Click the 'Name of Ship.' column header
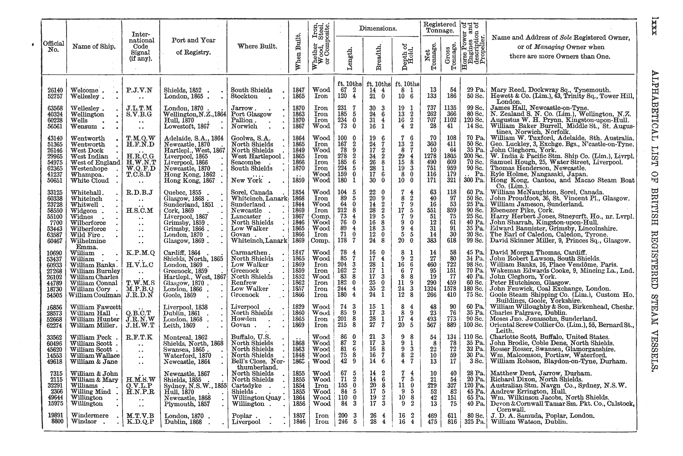click(94, 47)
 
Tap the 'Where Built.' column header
click(257, 46)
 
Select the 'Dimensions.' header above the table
click(378, 28)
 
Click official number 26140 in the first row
click(55, 90)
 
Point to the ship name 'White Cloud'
click(89, 181)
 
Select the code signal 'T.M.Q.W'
click(141, 138)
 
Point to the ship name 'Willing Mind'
click(91, 391)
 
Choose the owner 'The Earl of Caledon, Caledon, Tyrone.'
click(549, 235)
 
